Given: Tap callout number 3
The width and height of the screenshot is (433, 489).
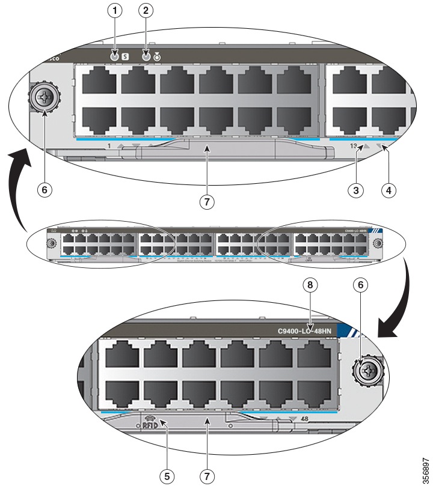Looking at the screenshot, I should point(357,189).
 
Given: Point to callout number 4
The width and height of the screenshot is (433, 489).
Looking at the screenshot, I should point(388,189).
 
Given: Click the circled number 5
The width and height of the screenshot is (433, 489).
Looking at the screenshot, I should point(167,475).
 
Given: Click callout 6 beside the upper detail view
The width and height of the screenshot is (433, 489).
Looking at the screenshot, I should point(43,189).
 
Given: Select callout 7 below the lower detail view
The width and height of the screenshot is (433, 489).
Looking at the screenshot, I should point(206,475).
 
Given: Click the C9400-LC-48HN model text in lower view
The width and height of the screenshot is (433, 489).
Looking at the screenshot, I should point(304,330).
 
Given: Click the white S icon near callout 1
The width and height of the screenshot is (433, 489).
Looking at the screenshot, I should point(125,57).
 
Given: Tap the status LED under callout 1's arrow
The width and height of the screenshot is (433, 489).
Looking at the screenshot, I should point(114,57).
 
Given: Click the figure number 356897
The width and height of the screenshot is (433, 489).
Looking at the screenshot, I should point(426,469).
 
